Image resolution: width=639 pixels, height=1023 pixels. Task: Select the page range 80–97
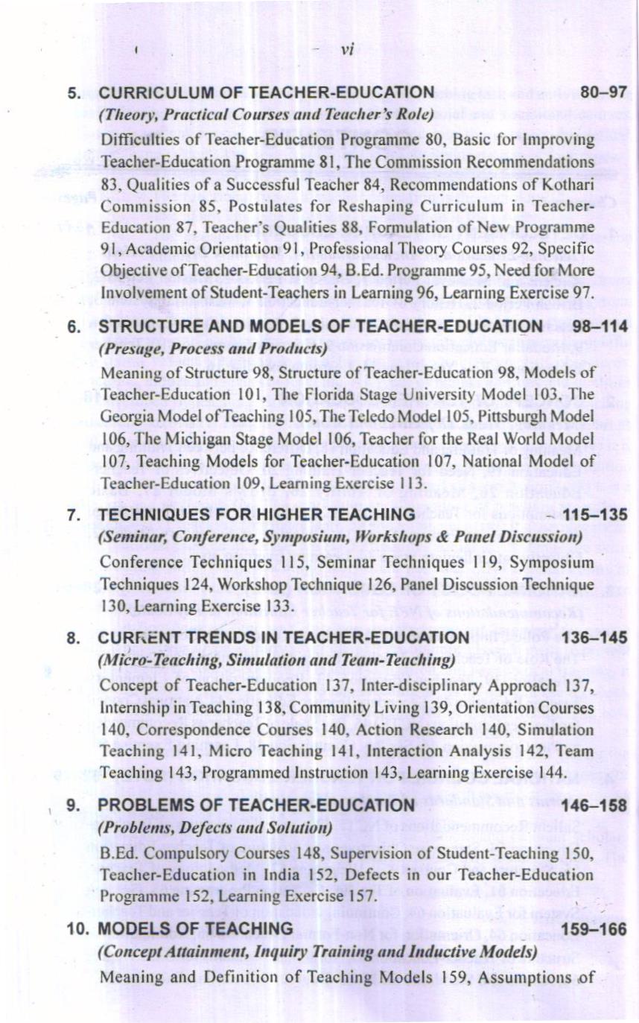(604, 93)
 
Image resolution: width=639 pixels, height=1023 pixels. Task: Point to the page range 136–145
(597, 639)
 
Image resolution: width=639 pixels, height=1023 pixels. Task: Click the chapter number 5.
(73, 94)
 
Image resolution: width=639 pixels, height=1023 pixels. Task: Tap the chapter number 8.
(72, 639)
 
